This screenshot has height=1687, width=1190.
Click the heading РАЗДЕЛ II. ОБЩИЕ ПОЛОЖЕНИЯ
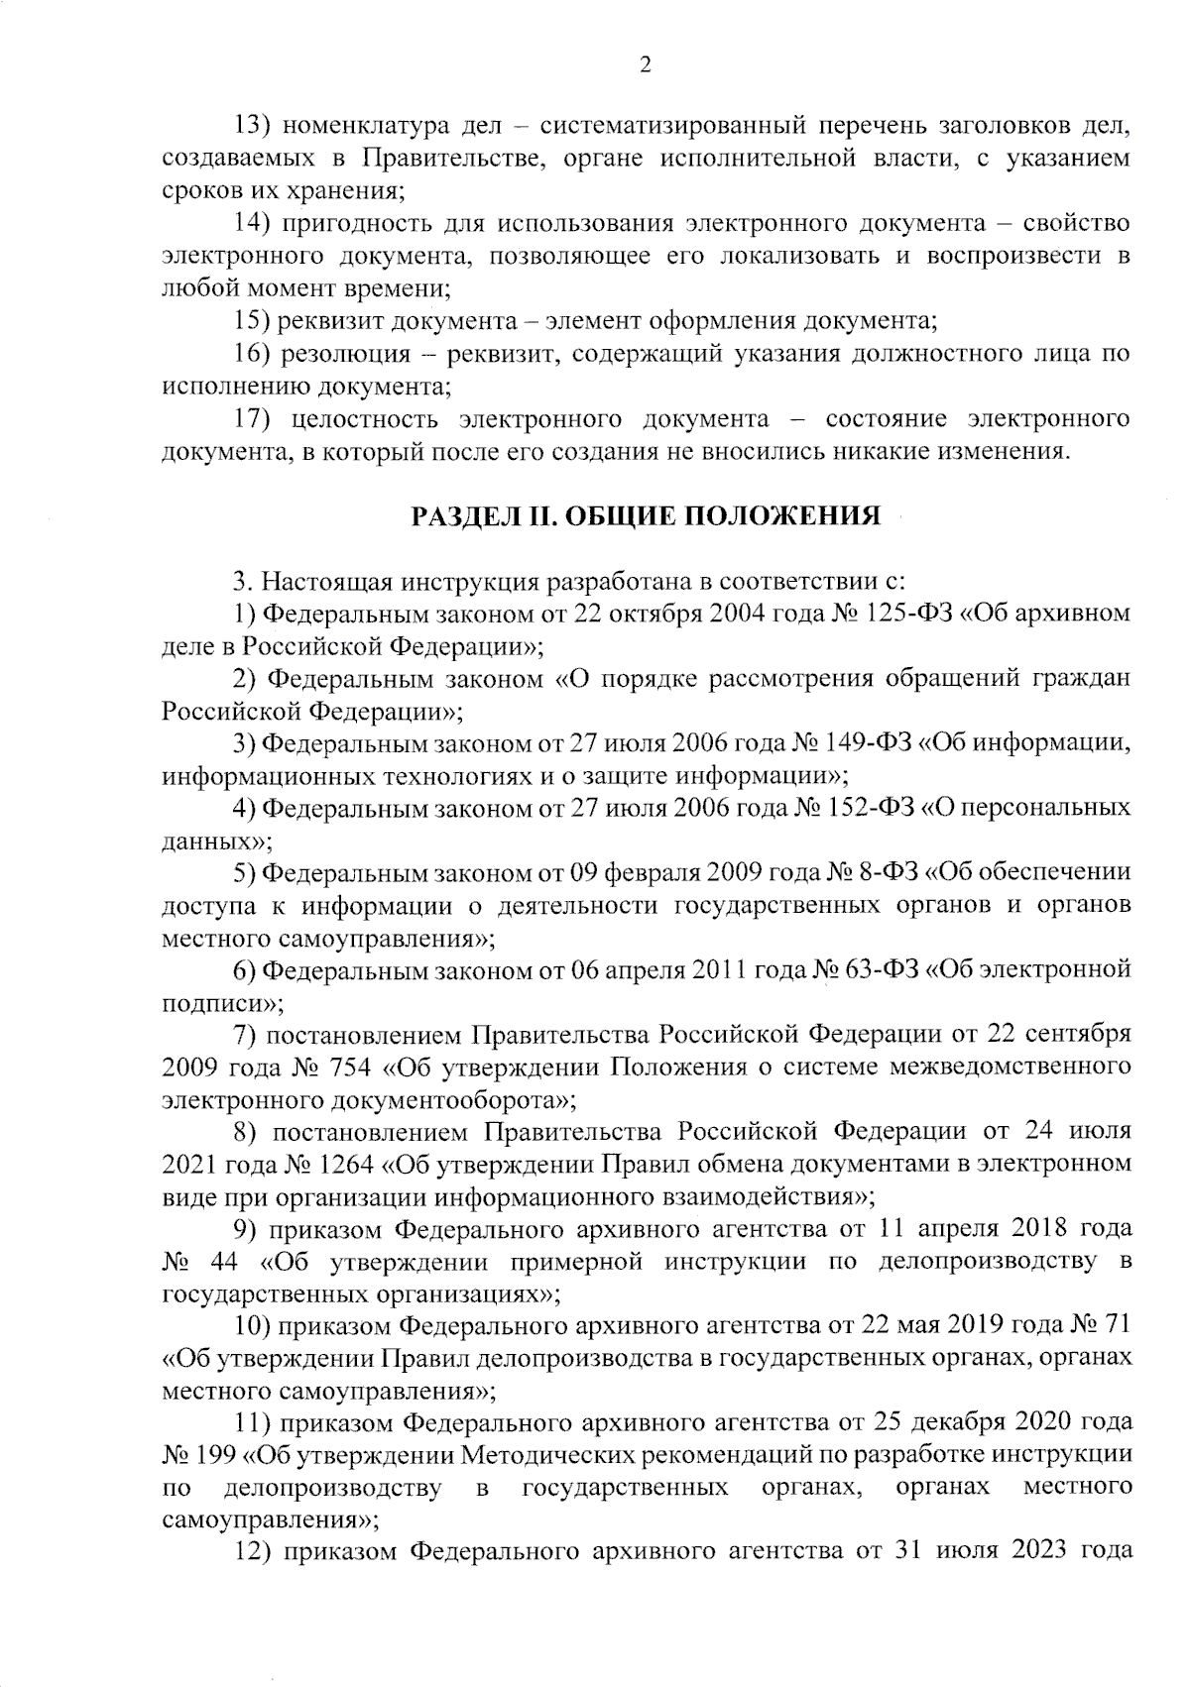pyautogui.click(x=646, y=516)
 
